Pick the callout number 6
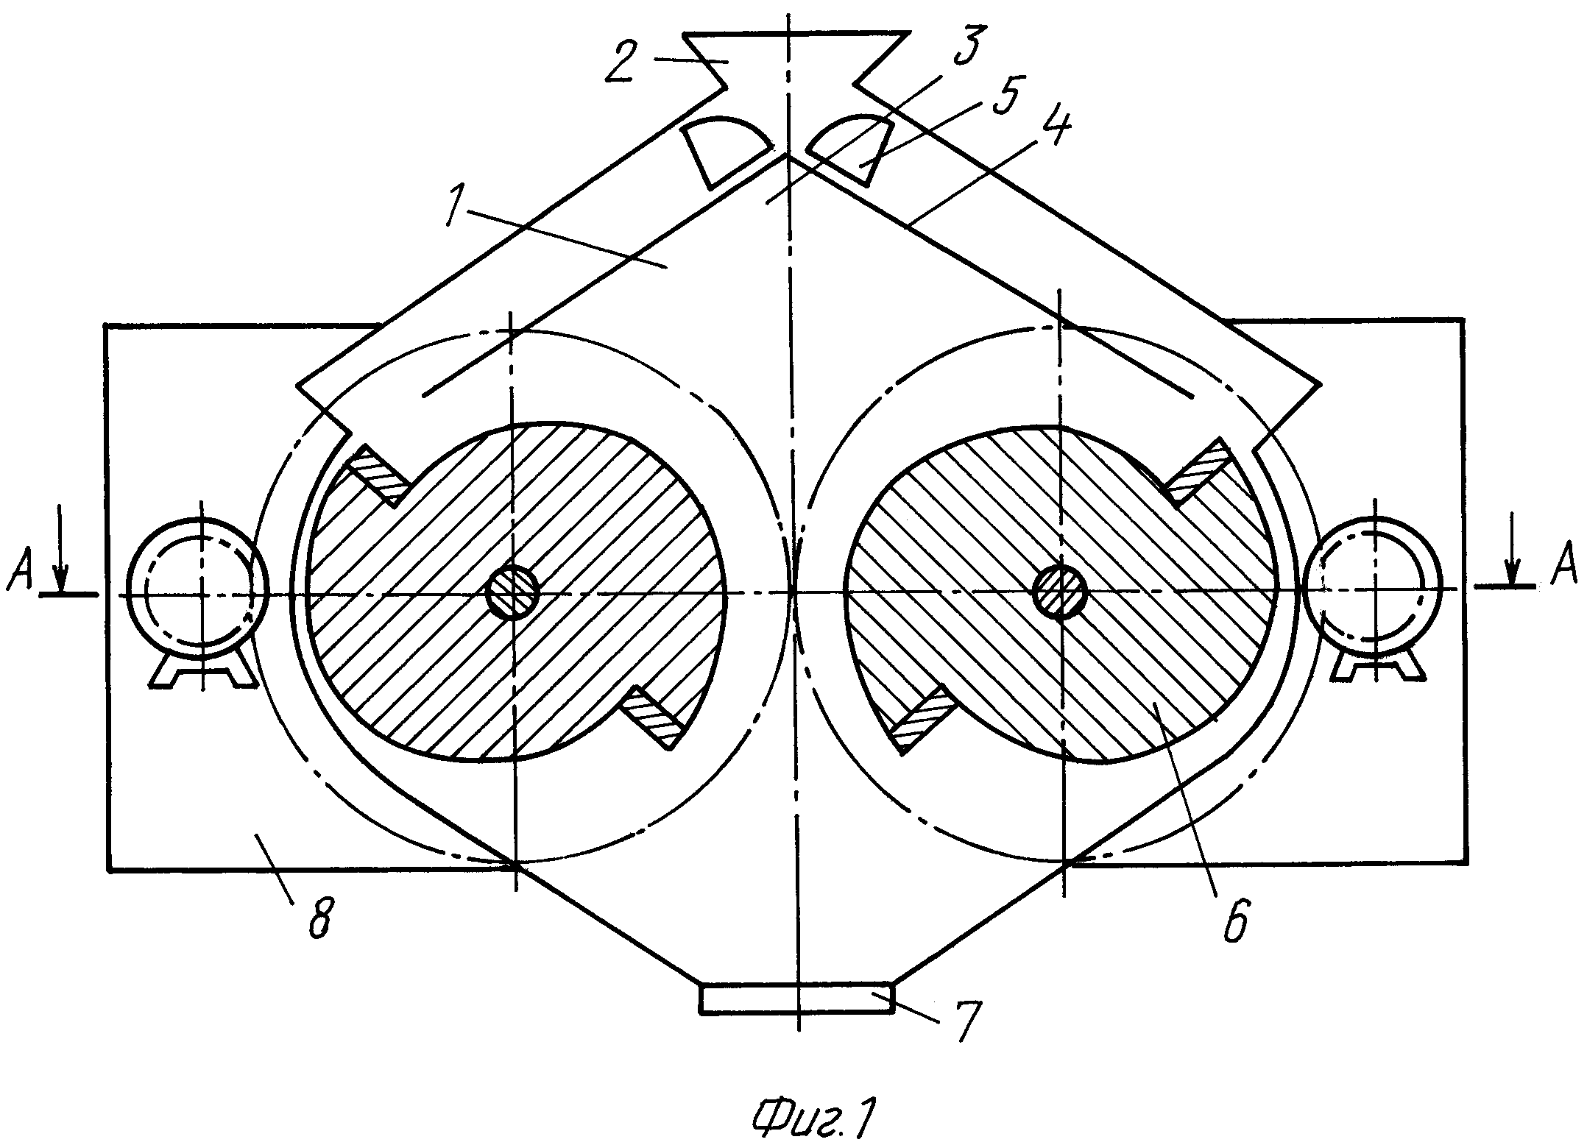(x=1236, y=917)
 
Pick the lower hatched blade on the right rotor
(x=923, y=717)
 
